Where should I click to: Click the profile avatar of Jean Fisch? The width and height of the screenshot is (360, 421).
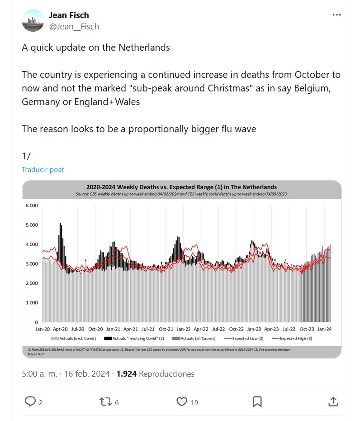tap(33, 20)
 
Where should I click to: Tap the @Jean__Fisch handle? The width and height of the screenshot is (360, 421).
tap(74, 26)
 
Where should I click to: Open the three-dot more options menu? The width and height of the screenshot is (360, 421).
tap(336, 14)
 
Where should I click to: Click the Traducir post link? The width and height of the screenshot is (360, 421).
tap(43, 169)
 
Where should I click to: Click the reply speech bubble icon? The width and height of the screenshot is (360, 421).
tap(30, 401)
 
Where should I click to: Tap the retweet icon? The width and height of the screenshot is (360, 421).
tap(105, 401)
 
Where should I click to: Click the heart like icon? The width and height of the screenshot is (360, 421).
tap(182, 401)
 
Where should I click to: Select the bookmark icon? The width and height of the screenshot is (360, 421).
tap(257, 401)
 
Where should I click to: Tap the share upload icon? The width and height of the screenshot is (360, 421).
tap(333, 401)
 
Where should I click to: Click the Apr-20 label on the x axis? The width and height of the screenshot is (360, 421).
tap(61, 330)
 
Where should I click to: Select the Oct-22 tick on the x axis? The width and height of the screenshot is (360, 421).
tap(236, 330)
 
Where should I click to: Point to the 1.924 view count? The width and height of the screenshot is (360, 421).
tap(127, 374)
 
